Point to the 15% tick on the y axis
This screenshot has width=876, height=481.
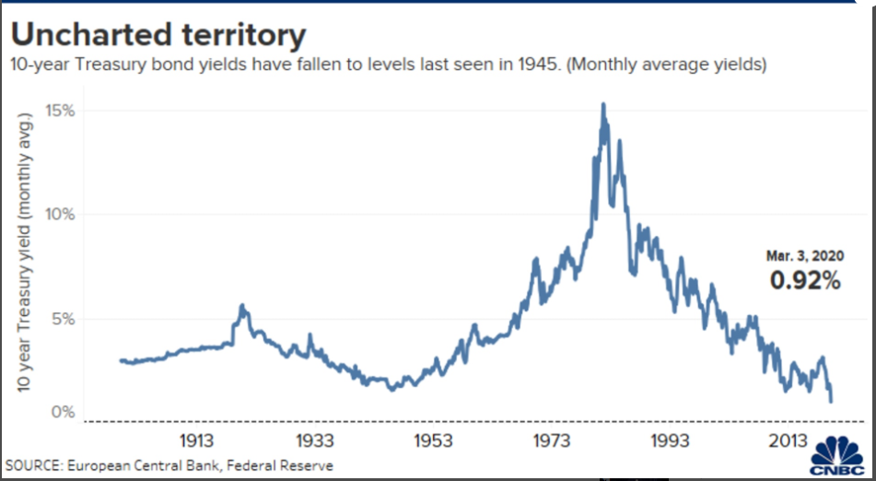pyautogui.click(x=59, y=111)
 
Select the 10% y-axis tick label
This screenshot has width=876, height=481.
pyautogui.click(x=59, y=215)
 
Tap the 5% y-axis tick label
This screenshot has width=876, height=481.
pyautogui.click(x=63, y=319)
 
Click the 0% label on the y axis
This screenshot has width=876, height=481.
pyautogui.click(x=63, y=412)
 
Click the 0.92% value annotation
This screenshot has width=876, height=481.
pyautogui.click(x=805, y=281)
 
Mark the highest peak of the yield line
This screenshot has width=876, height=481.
pyautogui.click(x=603, y=105)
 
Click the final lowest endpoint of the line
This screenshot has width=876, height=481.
pyautogui.click(x=831, y=401)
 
